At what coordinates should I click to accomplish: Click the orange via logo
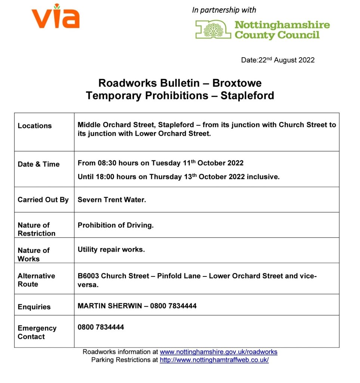[55, 16]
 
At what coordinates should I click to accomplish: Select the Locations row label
[34, 126]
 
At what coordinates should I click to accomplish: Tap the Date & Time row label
[39, 164]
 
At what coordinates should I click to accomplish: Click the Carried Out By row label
[43, 200]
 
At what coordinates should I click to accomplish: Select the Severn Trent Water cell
[112, 200]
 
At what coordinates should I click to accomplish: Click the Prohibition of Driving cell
[116, 225]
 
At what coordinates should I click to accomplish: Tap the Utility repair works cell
[111, 249]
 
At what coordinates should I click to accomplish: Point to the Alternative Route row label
[36, 280]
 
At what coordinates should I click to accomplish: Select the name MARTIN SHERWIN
[110, 306]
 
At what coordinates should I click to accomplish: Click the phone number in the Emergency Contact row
[101, 327]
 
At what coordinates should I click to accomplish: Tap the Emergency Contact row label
[37, 332]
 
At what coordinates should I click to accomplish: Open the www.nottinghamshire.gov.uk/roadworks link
[219, 352]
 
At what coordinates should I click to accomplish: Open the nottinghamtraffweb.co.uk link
[214, 360]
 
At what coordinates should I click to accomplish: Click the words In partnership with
[224, 10]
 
